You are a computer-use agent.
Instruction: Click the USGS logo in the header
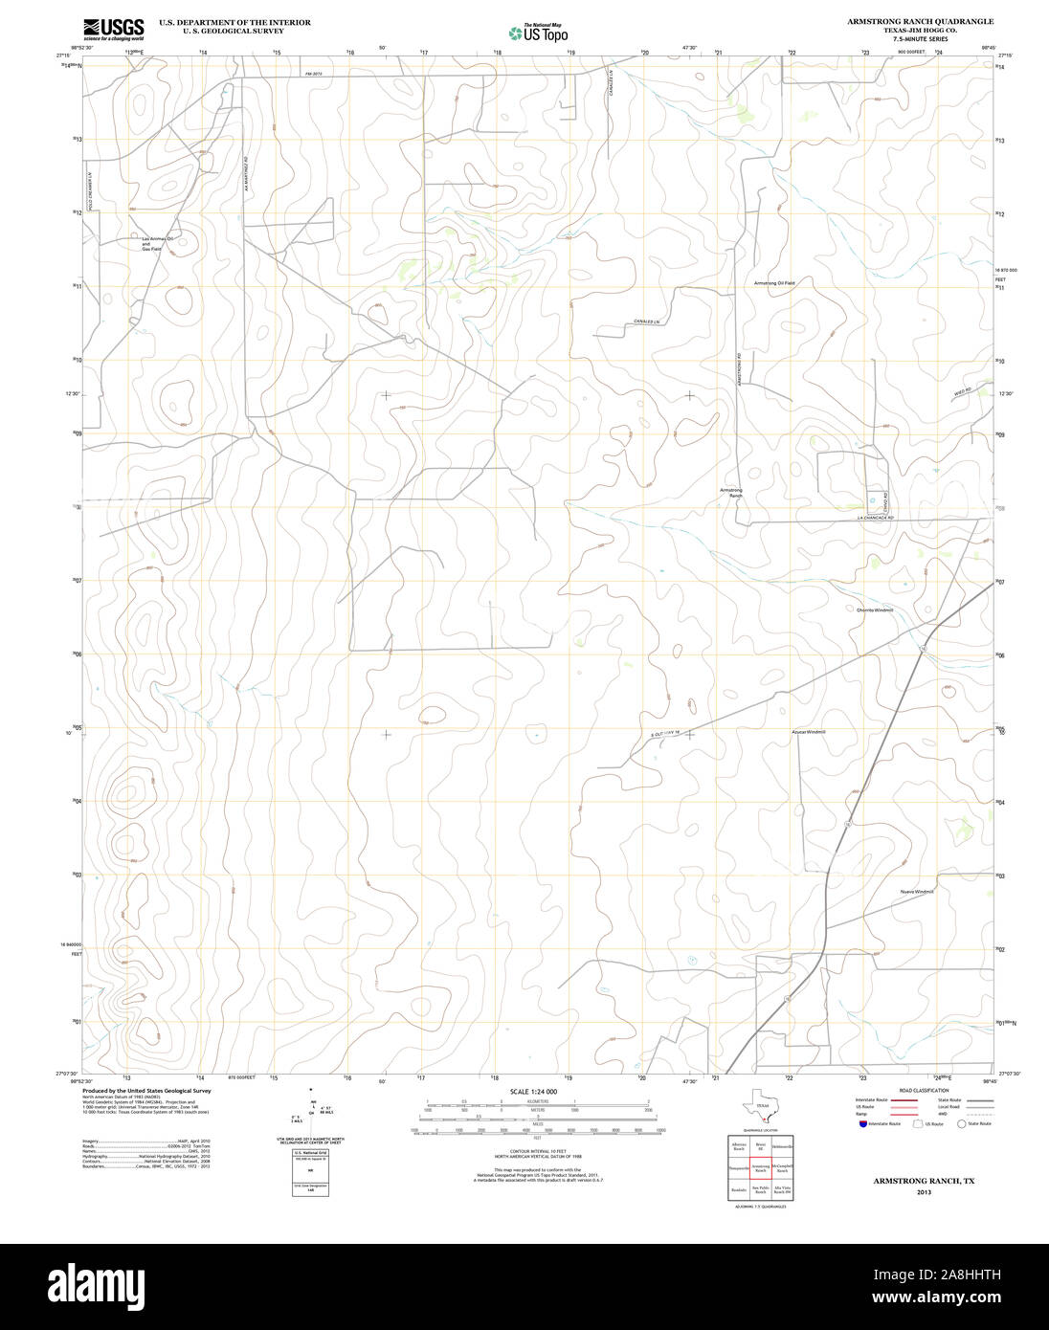click(x=114, y=28)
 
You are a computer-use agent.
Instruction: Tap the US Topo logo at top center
click(x=538, y=33)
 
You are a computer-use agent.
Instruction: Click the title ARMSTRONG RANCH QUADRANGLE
click(x=919, y=21)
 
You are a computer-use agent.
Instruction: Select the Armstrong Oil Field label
click(x=774, y=283)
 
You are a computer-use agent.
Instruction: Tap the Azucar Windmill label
click(x=808, y=732)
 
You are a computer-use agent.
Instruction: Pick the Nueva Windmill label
click(x=916, y=892)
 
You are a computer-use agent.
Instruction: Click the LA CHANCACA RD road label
click(x=875, y=518)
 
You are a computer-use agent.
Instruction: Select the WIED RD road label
click(x=962, y=390)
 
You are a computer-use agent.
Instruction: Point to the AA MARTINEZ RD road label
click(x=245, y=173)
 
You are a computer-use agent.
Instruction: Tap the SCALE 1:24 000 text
click(x=533, y=1092)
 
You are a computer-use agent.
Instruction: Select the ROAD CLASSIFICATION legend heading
click(x=925, y=1091)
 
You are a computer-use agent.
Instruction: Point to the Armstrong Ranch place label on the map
click(x=731, y=493)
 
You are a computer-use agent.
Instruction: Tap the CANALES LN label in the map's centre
click(x=647, y=321)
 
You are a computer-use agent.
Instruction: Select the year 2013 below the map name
click(x=924, y=1192)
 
